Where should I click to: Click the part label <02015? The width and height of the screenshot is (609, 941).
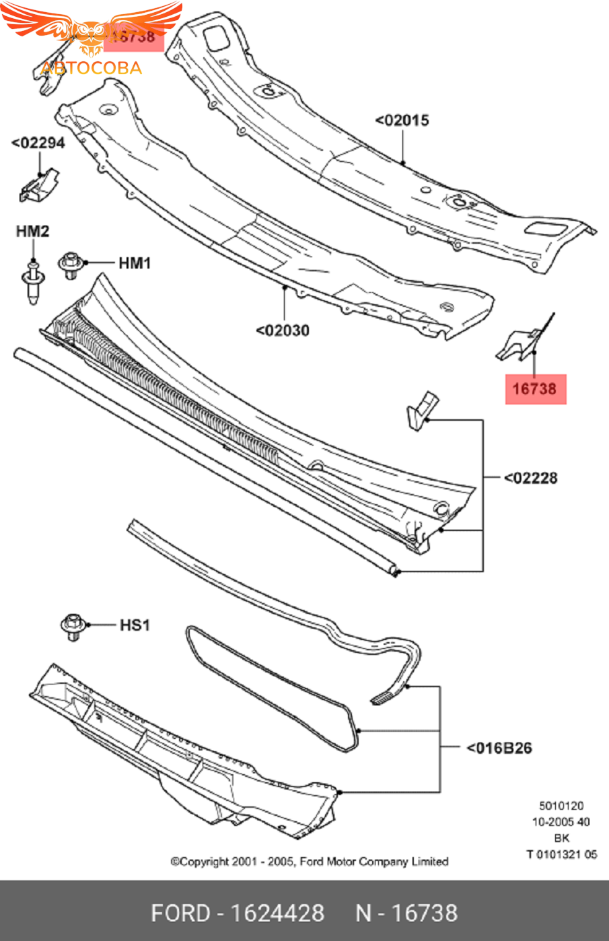[402, 120]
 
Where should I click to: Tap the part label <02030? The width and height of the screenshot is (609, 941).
[283, 330]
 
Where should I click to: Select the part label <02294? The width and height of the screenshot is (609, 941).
[38, 143]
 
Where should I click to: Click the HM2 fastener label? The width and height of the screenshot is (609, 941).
[32, 232]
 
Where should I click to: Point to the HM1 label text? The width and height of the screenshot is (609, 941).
[135, 263]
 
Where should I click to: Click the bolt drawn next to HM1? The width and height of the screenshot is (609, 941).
[71, 265]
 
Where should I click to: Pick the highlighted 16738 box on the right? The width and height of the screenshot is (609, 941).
[535, 389]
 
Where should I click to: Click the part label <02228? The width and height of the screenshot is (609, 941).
[531, 478]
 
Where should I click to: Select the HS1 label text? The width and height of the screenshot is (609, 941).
[135, 625]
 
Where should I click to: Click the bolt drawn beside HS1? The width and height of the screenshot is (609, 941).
[72, 627]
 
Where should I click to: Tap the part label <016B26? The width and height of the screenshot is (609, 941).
[499, 748]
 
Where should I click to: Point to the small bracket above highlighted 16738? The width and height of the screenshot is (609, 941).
[522, 342]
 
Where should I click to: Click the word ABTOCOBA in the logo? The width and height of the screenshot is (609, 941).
[91, 68]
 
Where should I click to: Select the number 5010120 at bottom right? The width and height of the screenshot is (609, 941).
[561, 806]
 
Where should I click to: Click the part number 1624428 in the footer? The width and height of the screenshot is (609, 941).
[277, 913]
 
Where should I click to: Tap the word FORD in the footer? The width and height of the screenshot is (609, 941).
[180, 913]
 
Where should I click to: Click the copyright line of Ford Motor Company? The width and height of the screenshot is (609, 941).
[310, 862]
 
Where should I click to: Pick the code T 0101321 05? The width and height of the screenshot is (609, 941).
[561, 854]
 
